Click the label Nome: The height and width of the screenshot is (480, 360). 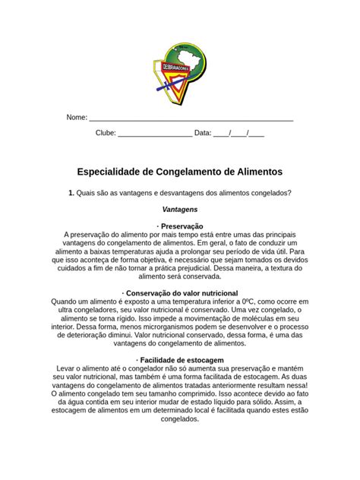click(77, 118)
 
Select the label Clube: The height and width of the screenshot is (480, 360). click(106, 133)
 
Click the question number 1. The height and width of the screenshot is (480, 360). click(70, 192)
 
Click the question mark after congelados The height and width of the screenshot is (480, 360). click(290, 192)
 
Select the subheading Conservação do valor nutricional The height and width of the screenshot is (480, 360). click(182, 292)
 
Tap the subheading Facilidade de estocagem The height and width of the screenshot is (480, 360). click(182, 359)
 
